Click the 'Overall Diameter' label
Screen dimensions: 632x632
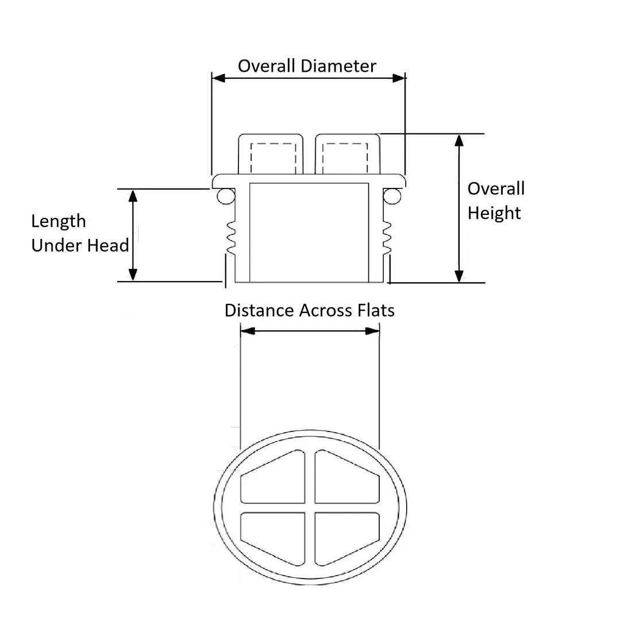coord(307,66)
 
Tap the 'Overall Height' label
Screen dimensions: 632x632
coord(495,201)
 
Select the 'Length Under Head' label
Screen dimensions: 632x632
coord(79,233)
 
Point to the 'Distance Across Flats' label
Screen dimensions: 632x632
coord(309,311)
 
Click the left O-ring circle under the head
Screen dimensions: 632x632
coord(225,196)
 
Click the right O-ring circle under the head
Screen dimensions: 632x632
coord(392,196)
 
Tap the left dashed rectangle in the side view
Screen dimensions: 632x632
coord(273,156)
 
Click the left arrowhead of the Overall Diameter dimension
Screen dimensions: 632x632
coord(218,78)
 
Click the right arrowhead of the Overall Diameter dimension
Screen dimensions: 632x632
coord(399,78)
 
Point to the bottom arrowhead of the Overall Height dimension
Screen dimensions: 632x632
coord(459,275)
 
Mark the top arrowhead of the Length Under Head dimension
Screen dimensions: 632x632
coord(133,195)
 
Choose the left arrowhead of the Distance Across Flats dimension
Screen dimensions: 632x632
coord(247,331)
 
